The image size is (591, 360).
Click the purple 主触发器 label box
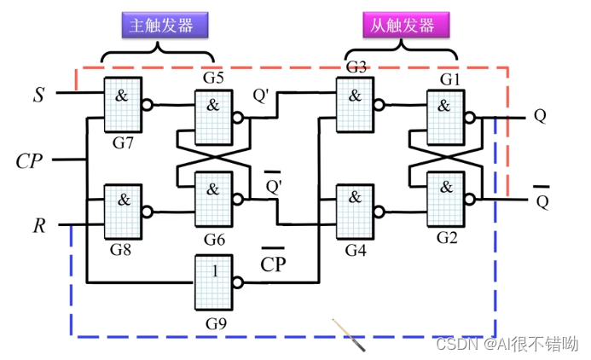click(x=160, y=25)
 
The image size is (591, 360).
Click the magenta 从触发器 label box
click(x=399, y=25)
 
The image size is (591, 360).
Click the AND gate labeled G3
click(x=356, y=102)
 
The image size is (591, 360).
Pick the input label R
click(x=38, y=226)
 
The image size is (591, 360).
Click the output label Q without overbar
click(x=540, y=114)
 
